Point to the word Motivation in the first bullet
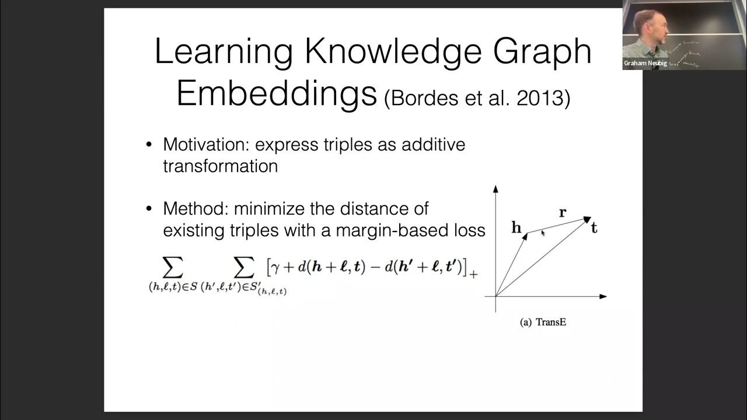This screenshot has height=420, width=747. click(206, 144)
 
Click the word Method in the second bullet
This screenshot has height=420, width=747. click(191, 208)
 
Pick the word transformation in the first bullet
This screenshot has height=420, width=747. click(220, 166)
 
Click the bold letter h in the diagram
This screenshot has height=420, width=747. click(516, 228)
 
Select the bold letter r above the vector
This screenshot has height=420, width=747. click(563, 213)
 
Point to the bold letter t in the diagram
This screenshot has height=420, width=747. click(594, 229)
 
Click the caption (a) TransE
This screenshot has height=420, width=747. click(543, 322)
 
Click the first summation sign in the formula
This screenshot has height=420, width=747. click(172, 268)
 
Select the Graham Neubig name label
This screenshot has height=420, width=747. click(645, 64)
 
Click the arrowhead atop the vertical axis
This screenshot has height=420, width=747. click(495, 189)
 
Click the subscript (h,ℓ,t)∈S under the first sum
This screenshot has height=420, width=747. click(174, 286)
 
